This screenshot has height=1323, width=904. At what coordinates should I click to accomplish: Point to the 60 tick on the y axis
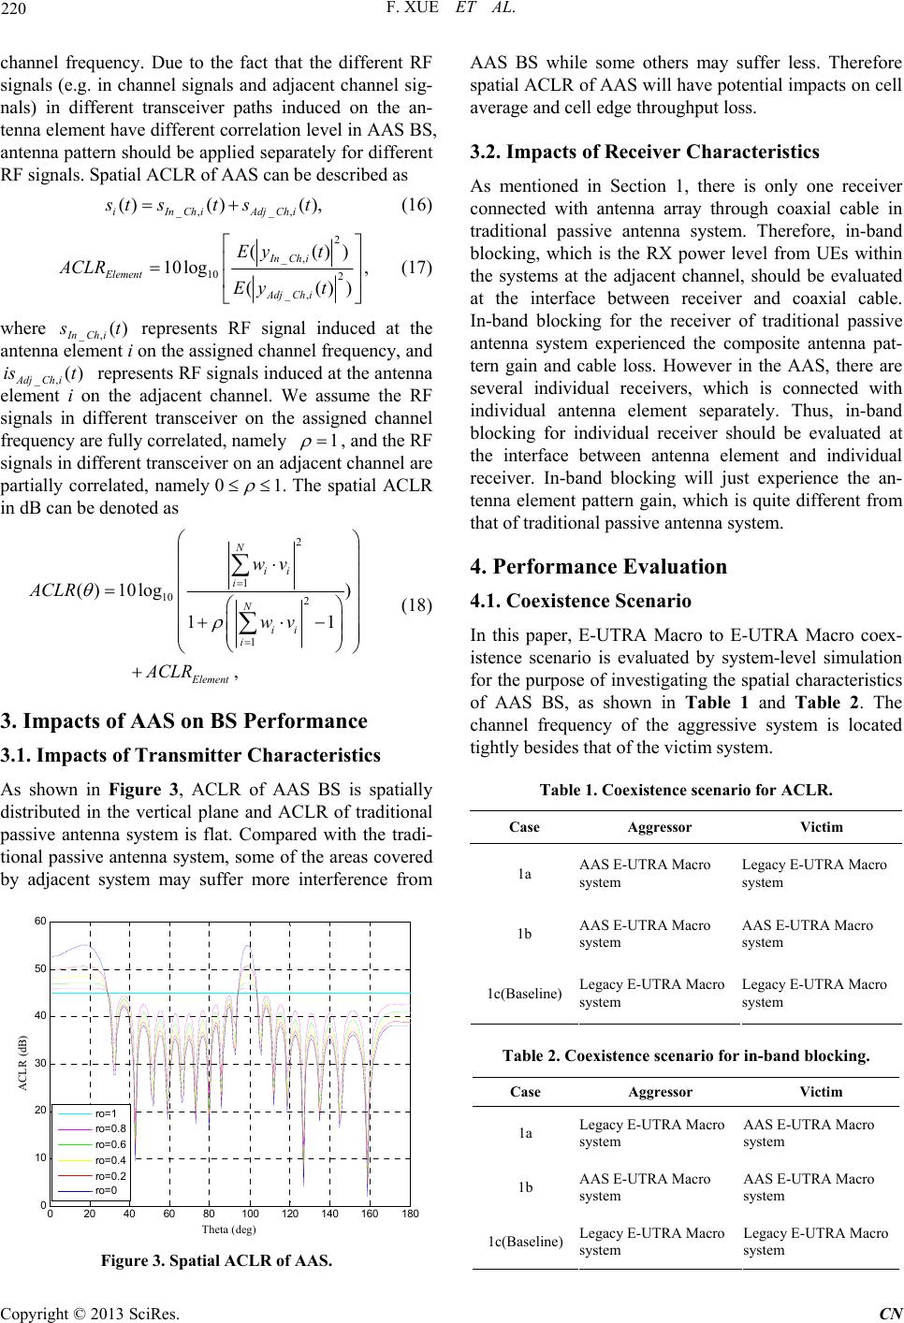pyautogui.click(x=40, y=922)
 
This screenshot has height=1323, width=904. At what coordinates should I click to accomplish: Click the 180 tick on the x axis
pyautogui.click(x=409, y=1214)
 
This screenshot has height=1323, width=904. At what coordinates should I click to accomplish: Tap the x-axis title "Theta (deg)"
pyautogui.click(x=228, y=1228)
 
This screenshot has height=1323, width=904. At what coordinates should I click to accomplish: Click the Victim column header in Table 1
pyautogui.click(x=821, y=827)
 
